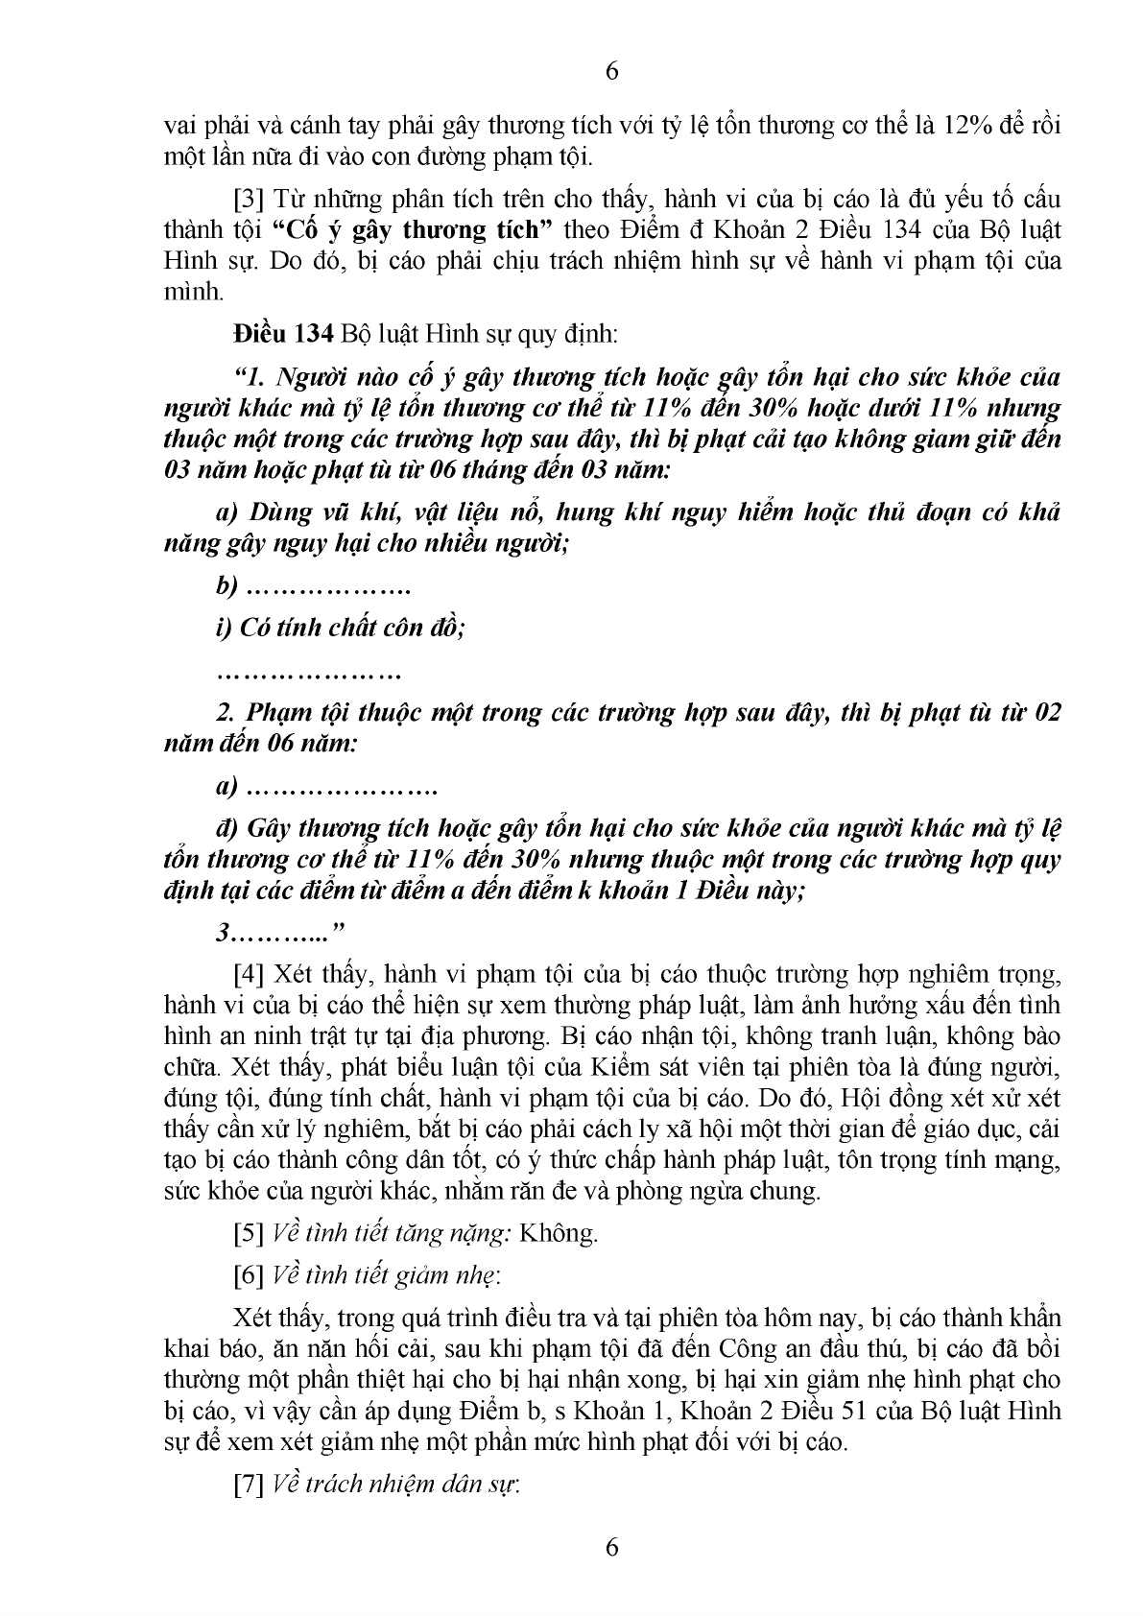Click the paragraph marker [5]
pos(251,1233)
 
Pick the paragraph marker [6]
pos(251,1275)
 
